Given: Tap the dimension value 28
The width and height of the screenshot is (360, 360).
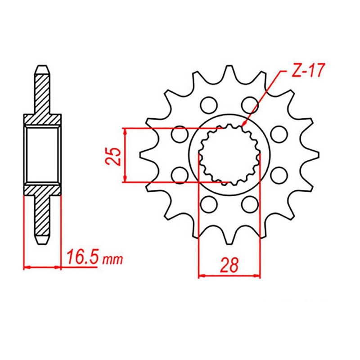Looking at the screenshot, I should point(229,265).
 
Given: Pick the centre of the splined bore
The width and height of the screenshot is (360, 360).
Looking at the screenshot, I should point(229,155).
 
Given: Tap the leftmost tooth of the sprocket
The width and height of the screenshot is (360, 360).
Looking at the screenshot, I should point(145,155).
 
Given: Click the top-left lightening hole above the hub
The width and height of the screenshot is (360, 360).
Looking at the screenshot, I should point(208,104).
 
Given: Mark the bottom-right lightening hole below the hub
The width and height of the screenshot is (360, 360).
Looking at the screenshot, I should point(248,205).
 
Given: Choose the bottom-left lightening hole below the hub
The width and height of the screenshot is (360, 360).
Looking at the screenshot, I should point(208,205).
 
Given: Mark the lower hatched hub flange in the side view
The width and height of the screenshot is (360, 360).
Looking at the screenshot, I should point(42,189).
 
